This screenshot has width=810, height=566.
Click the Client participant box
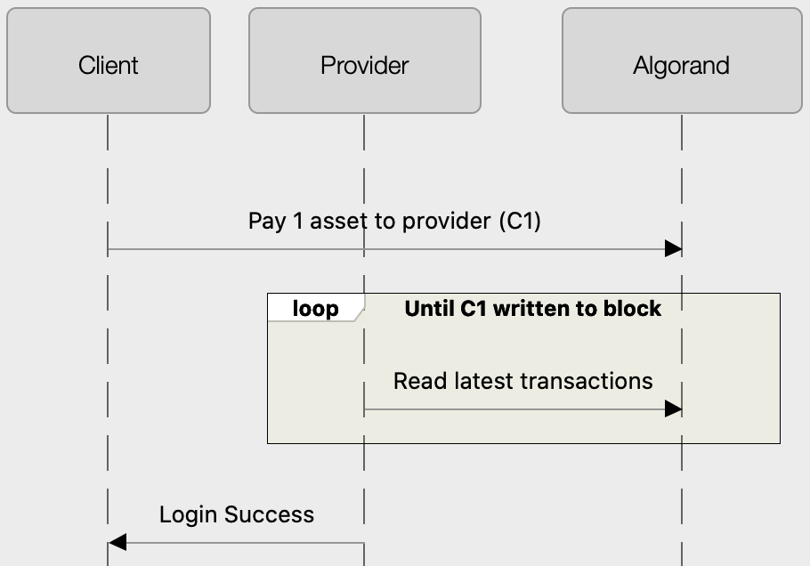coord(109,61)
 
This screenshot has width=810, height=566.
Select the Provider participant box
coord(364,61)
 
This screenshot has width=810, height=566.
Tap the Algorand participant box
coord(681,61)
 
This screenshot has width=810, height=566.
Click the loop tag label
coord(315,309)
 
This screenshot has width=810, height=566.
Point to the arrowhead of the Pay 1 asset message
coord(674,249)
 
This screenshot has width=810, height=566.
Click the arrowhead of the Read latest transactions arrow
coord(674,409)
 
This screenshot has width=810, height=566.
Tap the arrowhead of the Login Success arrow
coord(117,542)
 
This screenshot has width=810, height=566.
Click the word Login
coord(189,514)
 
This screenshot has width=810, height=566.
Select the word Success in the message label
coord(269,514)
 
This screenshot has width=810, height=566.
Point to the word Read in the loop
coord(417,381)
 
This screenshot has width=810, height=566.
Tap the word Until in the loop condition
coord(429,309)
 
